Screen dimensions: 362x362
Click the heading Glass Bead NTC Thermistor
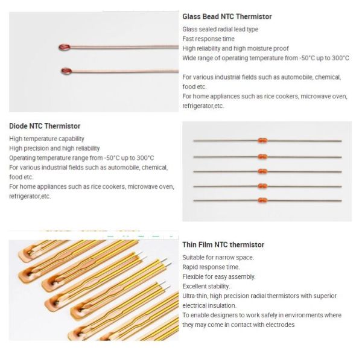(x=227, y=17)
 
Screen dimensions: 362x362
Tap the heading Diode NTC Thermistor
(x=45, y=126)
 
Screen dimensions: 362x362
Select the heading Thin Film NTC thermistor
(x=223, y=245)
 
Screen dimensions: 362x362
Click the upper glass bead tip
(x=65, y=48)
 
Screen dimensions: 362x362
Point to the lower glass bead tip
(x=66, y=71)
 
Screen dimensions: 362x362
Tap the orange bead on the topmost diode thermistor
(x=262, y=140)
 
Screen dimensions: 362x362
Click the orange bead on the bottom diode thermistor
(x=262, y=200)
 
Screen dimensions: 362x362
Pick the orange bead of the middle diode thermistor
(x=262, y=171)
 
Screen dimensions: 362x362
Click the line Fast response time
(x=208, y=39)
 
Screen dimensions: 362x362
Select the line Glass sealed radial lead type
(x=220, y=30)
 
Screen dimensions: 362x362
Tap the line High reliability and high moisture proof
(x=235, y=48)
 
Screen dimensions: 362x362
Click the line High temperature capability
(x=46, y=139)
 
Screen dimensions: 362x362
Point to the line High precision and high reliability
(x=54, y=148)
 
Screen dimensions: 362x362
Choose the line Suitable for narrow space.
(x=218, y=258)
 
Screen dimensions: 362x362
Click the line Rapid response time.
(x=211, y=267)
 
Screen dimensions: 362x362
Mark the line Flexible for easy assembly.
(x=218, y=276)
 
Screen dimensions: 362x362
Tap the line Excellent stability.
(x=206, y=286)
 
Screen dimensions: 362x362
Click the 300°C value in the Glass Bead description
(x=340, y=58)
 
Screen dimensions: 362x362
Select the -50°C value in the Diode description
(x=112, y=158)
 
